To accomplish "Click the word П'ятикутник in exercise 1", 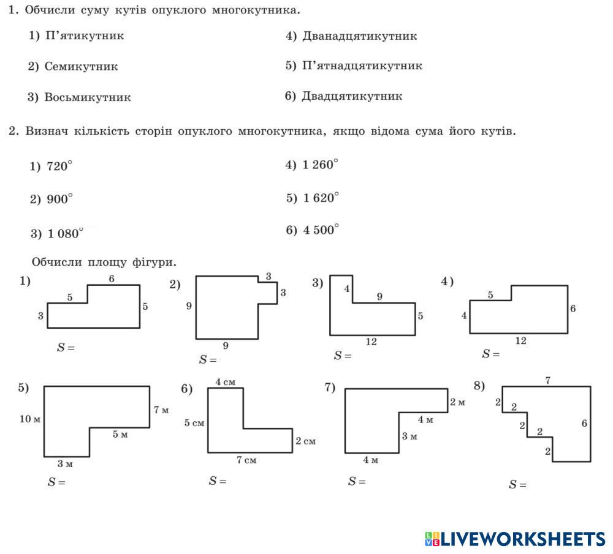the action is pos(84,36).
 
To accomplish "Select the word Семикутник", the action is pos(81,66).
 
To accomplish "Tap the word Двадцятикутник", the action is pos(352,96).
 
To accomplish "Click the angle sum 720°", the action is pos(59,167).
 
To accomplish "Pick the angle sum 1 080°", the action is pos(65,233).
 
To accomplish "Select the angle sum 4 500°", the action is pos(321,230).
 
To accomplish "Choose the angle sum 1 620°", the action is pos(321,198).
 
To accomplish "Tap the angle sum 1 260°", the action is pos(320,165).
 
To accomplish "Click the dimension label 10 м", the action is pos(29,419).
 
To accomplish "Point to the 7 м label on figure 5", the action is pos(161,410).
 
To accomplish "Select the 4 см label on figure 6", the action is pos(225,383).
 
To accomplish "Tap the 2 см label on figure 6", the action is pos(305,441).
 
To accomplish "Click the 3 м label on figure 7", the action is pos(409,436).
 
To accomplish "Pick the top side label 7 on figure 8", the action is pos(547,381).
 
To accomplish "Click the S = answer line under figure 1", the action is pos(66,347).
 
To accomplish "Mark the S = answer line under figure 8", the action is pos(517,485).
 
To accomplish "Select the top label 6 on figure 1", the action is pos(112,279).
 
